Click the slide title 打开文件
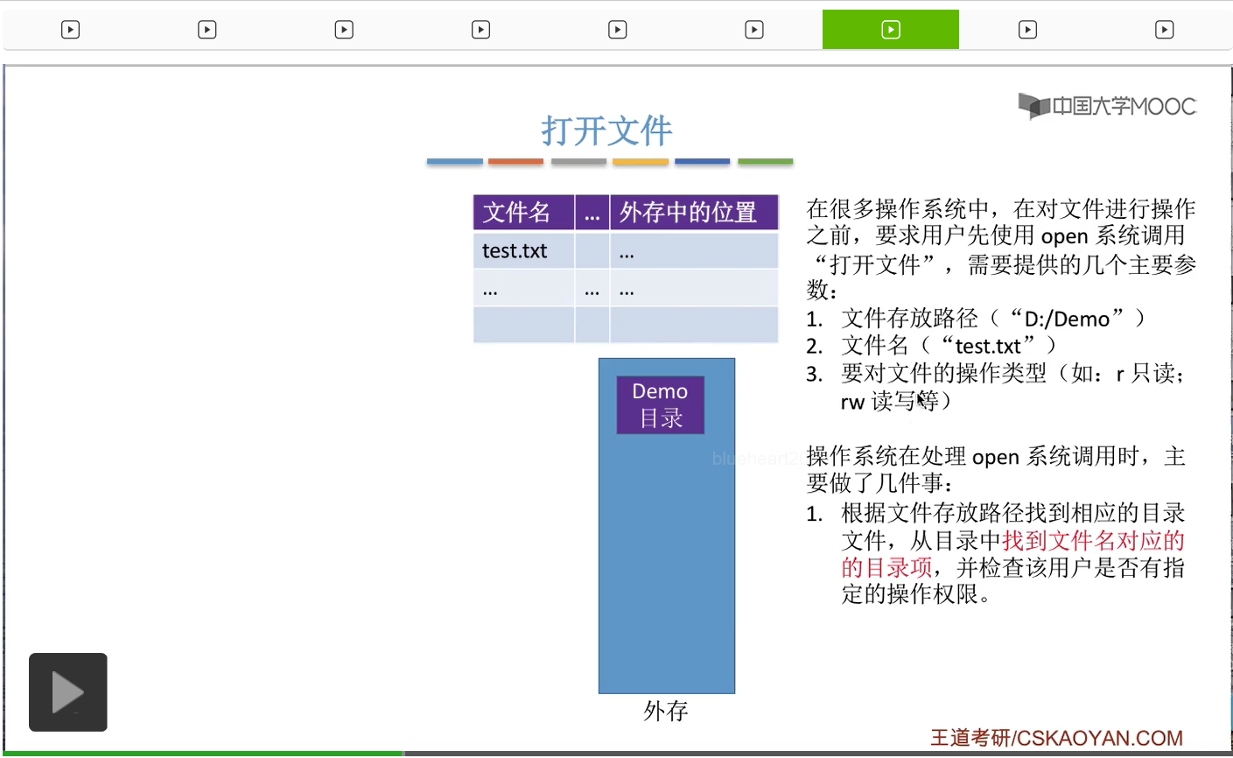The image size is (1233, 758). click(x=606, y=131)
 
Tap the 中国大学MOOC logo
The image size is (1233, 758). click(x=1107, y=106)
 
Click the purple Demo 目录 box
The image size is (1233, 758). click(x=660, y=404)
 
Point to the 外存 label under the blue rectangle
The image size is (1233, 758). click(x=666, y=711)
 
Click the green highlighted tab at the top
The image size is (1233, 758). click(x=890, y=30)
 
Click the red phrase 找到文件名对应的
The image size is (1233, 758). click(x=1092, y=540)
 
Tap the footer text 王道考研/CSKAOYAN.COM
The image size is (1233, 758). click(x=1056, y=738)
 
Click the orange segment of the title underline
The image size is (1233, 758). click(x=515, y=162)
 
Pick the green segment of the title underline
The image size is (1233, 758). click(x=765, y=162)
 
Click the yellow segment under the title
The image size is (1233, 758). click(x=640, y=162)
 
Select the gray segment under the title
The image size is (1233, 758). click(x=578, y=162)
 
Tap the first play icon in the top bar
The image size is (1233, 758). click(x=70, y=30)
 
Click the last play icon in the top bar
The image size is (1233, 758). click(x=1164, y=30)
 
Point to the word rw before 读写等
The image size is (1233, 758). click(x=852, y=402)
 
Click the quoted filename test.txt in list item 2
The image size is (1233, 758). click(x=987, y=347)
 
